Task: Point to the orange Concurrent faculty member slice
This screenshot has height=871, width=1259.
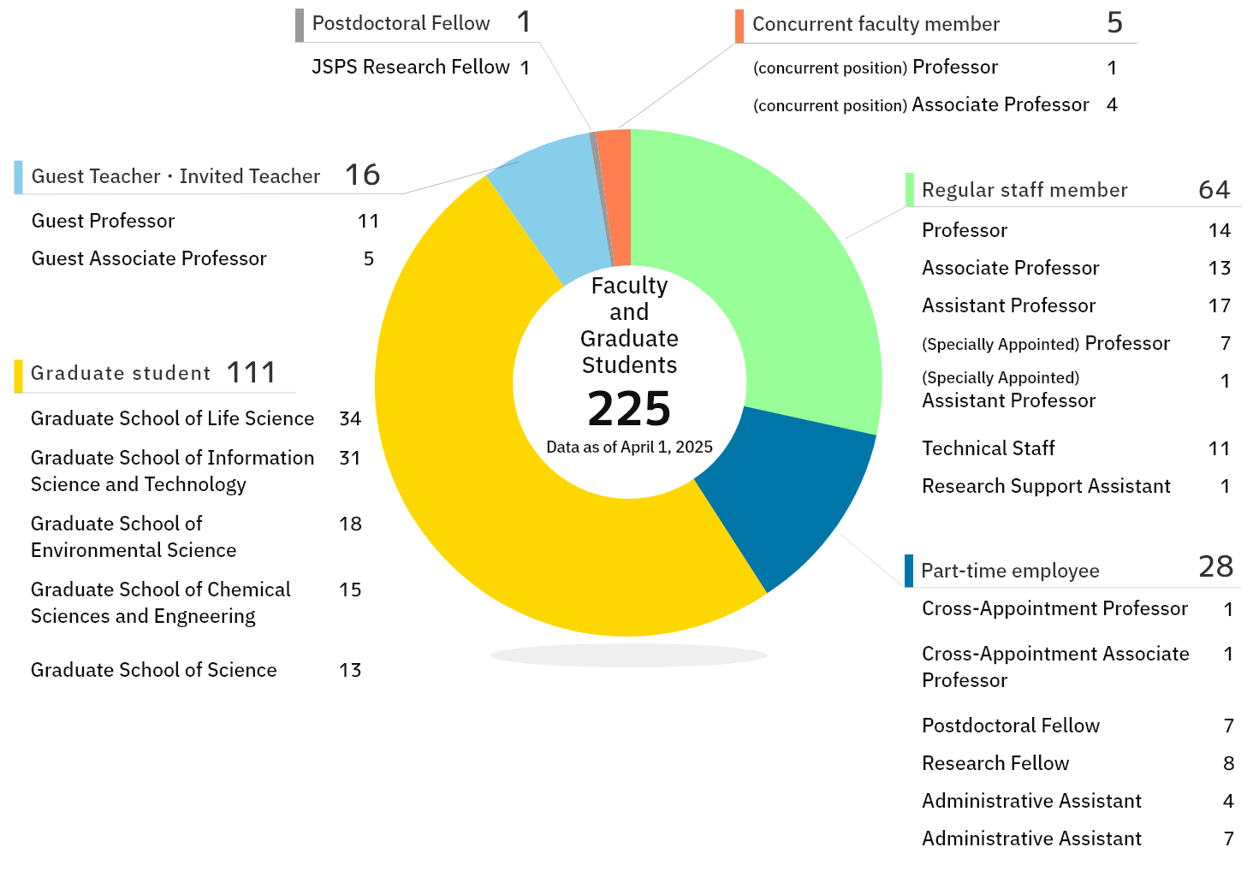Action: coord(615,197)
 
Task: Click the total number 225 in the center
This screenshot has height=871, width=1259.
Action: coord(629,409)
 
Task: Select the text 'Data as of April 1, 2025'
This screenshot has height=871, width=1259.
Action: coord(629,447)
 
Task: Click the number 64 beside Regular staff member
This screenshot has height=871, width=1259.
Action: coord(1214,190)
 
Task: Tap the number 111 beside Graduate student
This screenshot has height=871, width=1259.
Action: coord(251,373)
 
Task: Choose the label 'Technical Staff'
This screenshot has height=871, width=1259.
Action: coord(988,448)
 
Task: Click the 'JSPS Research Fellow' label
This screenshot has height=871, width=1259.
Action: coord(410,67)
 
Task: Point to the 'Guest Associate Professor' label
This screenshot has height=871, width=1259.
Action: coord(149,258)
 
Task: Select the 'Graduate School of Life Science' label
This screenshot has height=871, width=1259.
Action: coord(172,418)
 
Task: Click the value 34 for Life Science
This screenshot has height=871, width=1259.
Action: coord(350,418)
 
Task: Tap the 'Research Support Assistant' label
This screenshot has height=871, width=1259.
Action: coord(1046,486)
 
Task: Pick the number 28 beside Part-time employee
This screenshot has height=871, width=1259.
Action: coord(1215,566)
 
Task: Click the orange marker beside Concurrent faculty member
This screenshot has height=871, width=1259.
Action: coord(739,26)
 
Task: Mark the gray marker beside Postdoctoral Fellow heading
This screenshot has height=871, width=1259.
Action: coord(300,25)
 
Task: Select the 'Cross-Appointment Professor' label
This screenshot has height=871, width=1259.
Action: coord(1054,608)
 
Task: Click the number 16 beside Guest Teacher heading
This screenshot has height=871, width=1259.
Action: coord(362,175)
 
